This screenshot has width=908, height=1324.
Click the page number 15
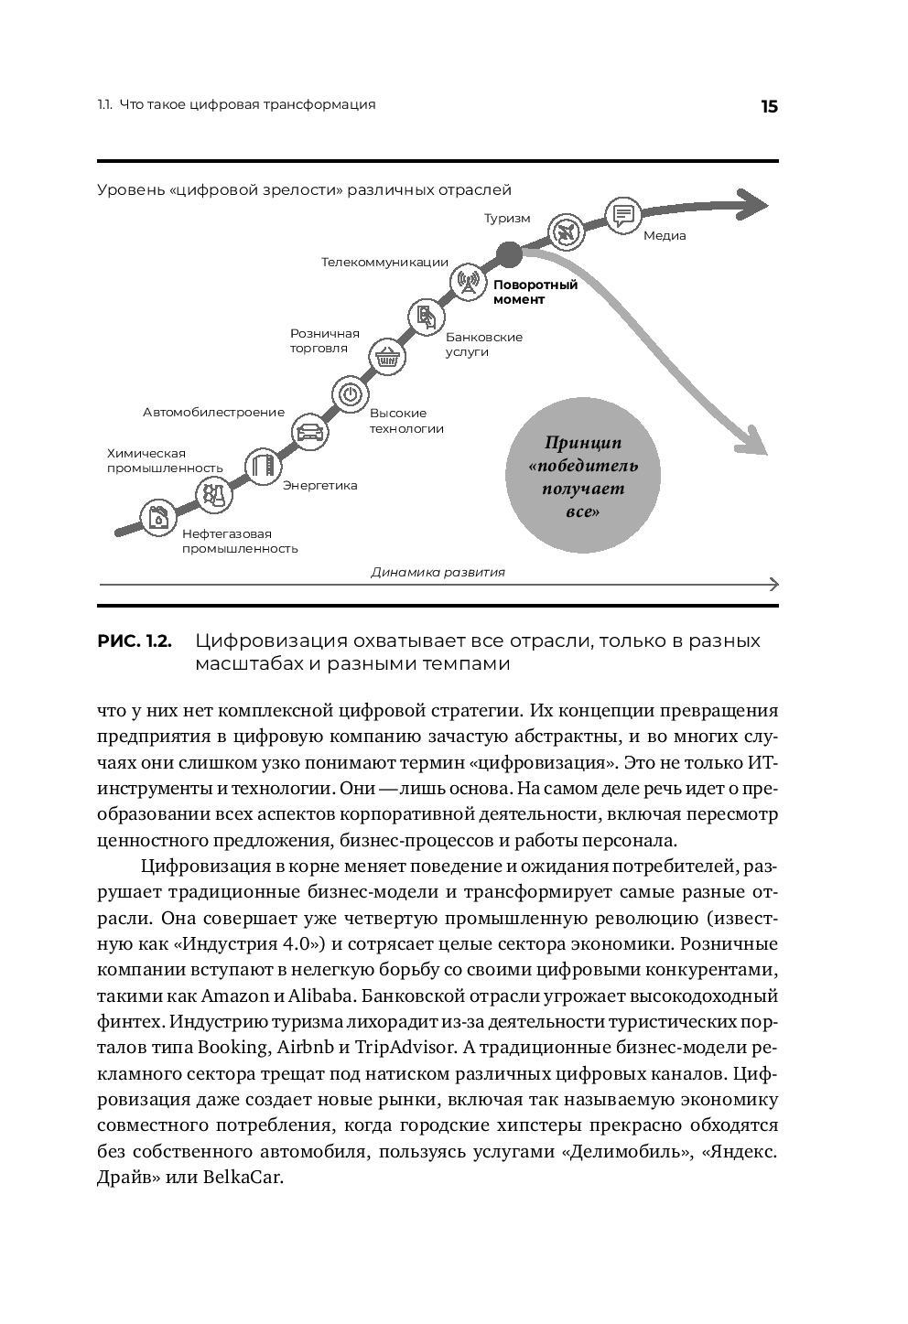pyautogui.click(x=768, y=106)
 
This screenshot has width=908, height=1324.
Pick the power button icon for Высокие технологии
pyautogui.click(x=350, y=394)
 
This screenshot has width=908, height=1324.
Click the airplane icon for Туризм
pyautogui.click(x=565, y=231)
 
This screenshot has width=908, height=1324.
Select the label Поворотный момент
pyautogui.click(x=535, y=292)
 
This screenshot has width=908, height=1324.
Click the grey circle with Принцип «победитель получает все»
pyautogui.click(x=583, y=478)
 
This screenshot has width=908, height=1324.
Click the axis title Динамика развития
pyautogui.click(x=438, y=573)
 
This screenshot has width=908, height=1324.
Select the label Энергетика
pyautogui.click(x=319, y=485)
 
